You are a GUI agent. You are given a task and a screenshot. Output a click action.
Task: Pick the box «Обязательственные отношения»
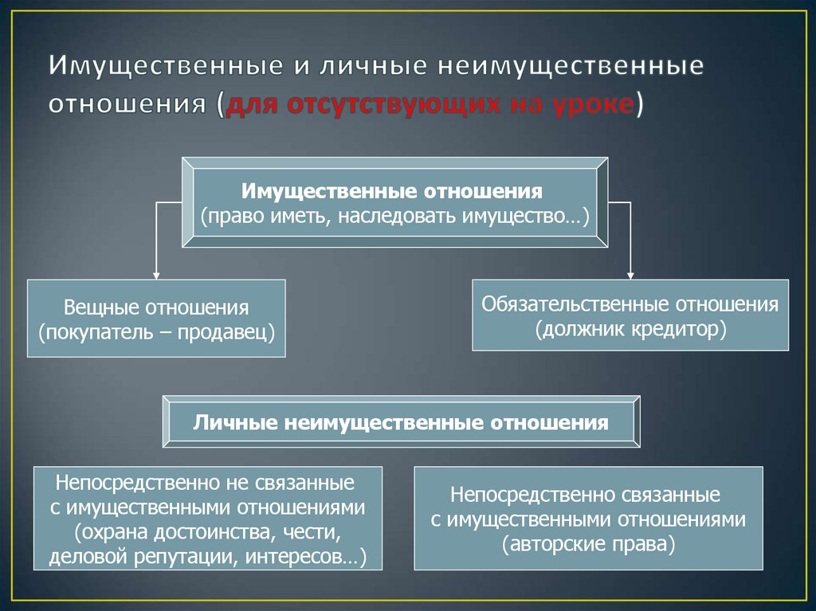pyautogui.click(x=630, y=315)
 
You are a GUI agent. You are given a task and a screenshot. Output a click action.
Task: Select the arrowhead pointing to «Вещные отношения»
pyautogui.click(x=156, y=273)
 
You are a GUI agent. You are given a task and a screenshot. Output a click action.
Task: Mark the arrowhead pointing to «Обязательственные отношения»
pyautogui.click(x=630, y=273)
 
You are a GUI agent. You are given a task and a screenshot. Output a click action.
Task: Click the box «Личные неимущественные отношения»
pyautogui.click(x=401, y=422)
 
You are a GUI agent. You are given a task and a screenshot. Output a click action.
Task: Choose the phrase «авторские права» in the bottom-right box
pyautogui.click(x=588, y=545)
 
